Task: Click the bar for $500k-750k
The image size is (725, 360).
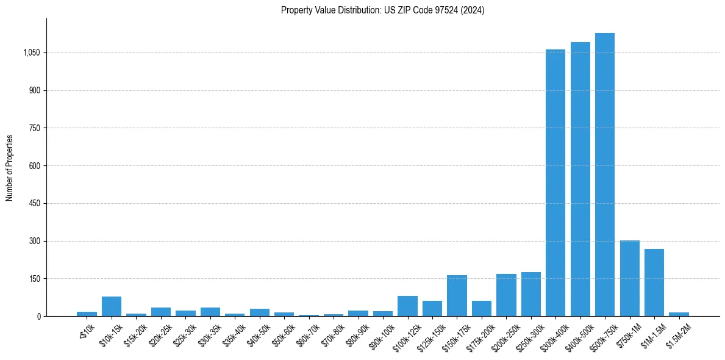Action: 604,175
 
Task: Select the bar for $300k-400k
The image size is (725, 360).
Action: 555,183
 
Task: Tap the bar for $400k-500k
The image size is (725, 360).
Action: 580,179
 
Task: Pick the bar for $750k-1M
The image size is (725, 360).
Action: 629,278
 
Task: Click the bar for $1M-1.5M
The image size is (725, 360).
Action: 654,283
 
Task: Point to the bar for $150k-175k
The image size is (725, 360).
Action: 457,296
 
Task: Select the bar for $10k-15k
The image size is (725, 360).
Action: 112,306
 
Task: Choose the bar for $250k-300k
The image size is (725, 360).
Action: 530,294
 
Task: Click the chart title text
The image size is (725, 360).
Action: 382,10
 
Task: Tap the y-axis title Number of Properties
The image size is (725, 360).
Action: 10,168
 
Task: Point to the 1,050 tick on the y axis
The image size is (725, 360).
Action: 31,53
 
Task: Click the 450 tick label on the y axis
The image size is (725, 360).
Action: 34,204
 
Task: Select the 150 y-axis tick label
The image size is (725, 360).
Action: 34,279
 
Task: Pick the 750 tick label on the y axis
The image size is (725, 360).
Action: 34,128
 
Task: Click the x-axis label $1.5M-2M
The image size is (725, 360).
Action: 678,335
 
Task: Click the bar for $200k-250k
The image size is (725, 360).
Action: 506,295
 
